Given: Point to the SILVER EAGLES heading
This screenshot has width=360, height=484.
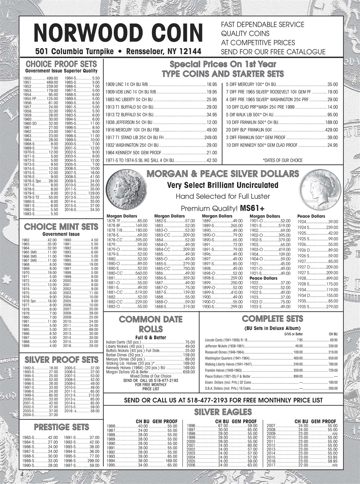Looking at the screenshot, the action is pos(222,412).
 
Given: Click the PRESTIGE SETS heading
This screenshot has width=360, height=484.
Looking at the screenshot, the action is pos(61,427).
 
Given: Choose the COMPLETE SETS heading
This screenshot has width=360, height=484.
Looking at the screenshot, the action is pos(272,319).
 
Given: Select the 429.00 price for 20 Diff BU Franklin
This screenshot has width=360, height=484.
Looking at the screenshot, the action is pos(331,130).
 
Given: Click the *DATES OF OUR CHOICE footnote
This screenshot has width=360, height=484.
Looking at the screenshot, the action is pos(283,160).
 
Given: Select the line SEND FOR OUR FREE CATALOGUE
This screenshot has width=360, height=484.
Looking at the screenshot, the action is pos(273,52).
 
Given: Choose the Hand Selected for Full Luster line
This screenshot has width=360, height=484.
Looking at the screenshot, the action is pos(222,197).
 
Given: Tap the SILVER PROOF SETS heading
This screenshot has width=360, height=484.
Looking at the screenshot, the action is pos(61,359).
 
